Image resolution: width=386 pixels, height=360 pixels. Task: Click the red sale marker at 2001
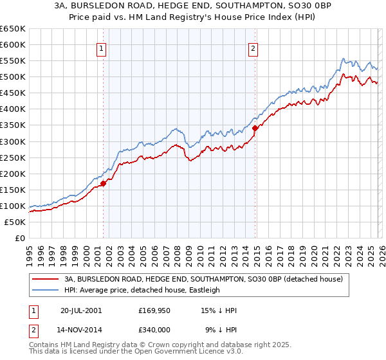(103, 183)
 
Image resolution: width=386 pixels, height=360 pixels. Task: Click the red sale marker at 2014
(255, 128)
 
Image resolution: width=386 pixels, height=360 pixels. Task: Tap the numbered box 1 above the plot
(102, 48)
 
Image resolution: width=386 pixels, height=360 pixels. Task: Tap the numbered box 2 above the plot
(253, 48)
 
